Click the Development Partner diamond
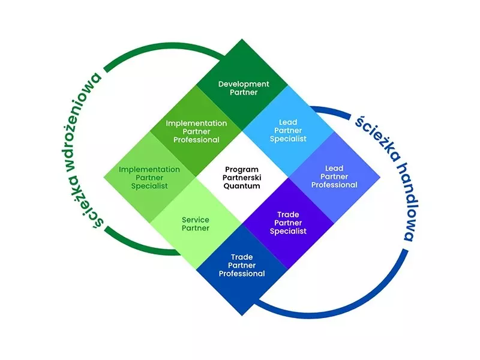[243, 88]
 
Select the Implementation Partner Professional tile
[196, 131]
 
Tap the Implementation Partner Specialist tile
[149, 178]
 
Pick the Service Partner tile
[196, 223]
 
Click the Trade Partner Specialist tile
[288, 223]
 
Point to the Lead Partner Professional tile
[334, 176]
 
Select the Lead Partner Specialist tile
[288, 131]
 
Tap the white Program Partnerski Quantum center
[242, 178]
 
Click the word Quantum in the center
[242, 186]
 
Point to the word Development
[243, 84]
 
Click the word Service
[196, 220]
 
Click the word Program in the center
[242, 169]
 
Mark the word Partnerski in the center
[242, 178]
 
